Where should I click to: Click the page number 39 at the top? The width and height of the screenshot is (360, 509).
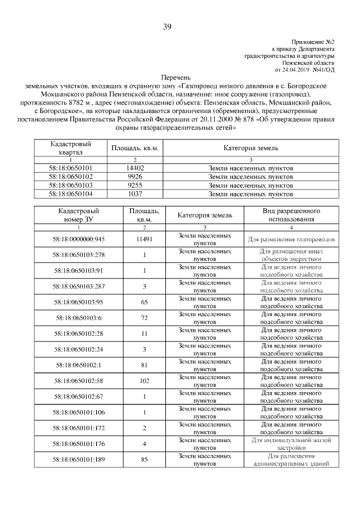coord(168,27)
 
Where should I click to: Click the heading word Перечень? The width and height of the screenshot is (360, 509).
coord(177,77)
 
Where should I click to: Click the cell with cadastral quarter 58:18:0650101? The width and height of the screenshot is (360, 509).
coord(70,168)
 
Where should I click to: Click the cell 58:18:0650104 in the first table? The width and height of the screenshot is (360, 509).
coord(70,193)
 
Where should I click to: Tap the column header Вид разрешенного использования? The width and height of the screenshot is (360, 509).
coord(291,214)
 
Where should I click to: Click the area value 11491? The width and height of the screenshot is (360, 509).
coord(145,239)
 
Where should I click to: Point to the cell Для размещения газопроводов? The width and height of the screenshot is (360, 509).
coord(291,239)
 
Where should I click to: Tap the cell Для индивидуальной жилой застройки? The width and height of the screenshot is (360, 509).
coord(291,444)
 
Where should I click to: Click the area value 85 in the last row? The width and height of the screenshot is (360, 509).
coord(145,460)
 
